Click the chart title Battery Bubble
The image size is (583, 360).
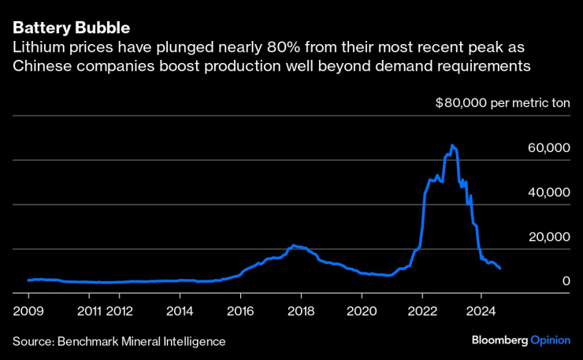pyautogui.click(x=70, y=28)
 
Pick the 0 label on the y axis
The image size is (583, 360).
pyautogui.click(x=566, y=281)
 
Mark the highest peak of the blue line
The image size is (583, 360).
pyautogui.click(x=451, y=146)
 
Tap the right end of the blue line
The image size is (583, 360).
pyautogui.click(x=500, y=269)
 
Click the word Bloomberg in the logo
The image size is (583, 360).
pyautogui.click(x=499, y=340)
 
